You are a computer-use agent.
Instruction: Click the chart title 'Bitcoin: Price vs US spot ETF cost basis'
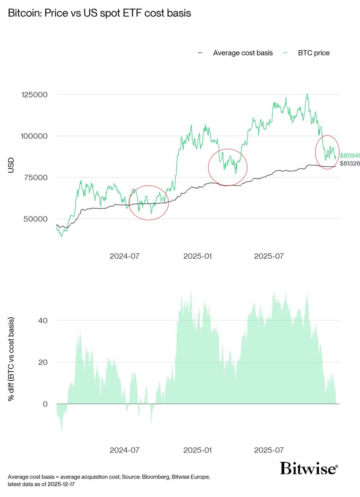100,13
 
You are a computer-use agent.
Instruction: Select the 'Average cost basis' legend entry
243,53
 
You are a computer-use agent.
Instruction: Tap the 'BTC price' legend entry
314,53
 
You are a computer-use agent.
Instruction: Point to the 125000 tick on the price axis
34,95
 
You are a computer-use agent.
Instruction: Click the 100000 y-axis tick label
34,136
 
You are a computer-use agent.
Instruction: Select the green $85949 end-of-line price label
350,156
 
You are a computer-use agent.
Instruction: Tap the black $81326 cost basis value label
350,163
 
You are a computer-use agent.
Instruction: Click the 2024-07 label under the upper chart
125,256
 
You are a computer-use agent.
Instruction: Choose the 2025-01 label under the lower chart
197,450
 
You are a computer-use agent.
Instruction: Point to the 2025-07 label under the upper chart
269,256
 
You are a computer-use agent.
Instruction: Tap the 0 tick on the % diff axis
45,404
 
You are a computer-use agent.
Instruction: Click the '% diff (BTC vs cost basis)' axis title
11,359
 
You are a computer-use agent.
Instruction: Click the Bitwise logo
309,468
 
